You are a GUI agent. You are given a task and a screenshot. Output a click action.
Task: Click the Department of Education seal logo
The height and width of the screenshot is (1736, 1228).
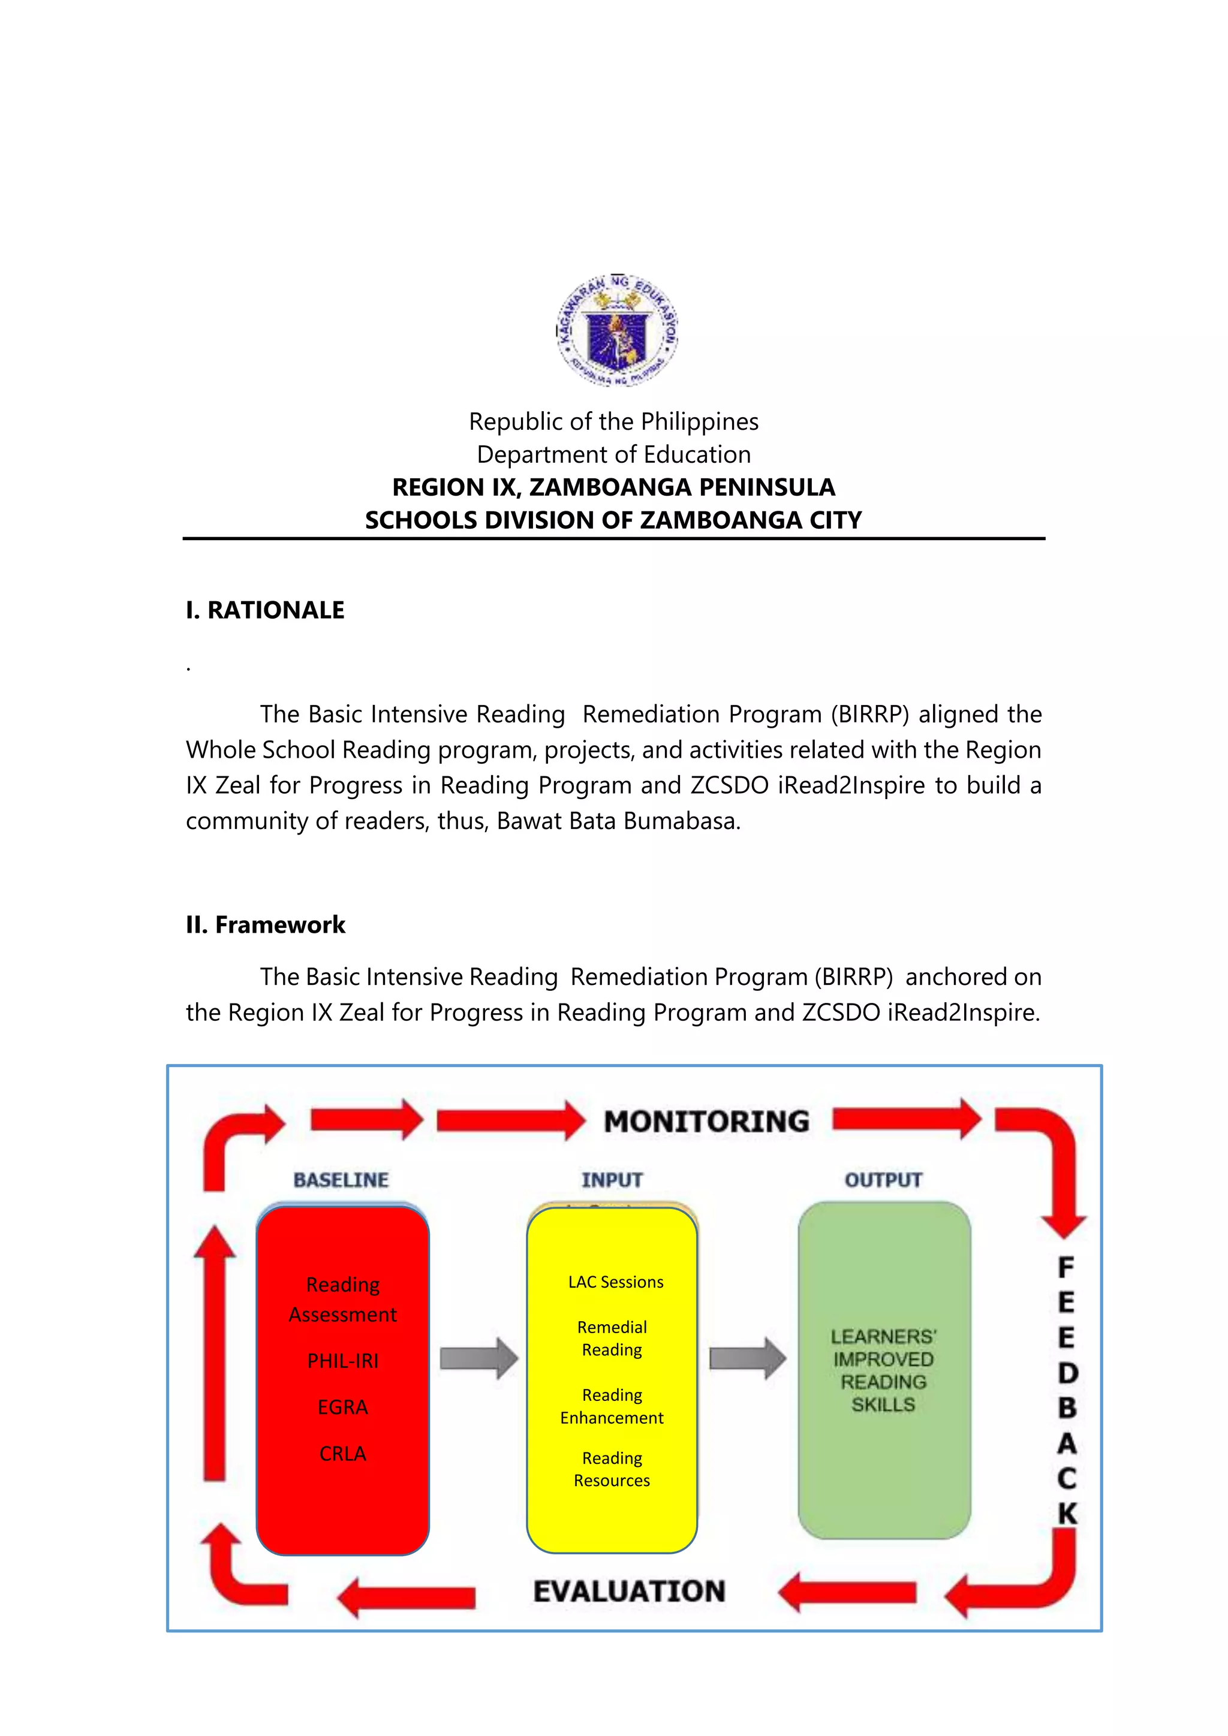click(x=616, y=330)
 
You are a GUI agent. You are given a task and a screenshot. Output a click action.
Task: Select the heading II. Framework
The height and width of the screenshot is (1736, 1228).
click(x=266, y=925)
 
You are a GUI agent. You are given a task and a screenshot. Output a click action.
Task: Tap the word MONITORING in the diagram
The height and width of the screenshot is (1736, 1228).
click(x=706, y=1122)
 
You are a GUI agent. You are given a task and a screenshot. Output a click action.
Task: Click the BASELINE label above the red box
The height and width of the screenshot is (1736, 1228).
click(x=341, y=1180)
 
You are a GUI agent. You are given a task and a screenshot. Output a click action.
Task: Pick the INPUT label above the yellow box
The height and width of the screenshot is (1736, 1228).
click(x=612, y=1180)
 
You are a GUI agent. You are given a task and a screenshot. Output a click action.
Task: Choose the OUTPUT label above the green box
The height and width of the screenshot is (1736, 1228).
click(x=883, y=1180)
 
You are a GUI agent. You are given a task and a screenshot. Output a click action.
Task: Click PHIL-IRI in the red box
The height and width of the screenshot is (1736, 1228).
click(x=342, y=1361)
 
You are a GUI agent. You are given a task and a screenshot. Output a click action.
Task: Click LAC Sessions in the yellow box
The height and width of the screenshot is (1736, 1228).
click(x=616, y=1282)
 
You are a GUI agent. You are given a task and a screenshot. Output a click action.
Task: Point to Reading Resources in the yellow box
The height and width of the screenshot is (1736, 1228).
click(x=612, y=1469)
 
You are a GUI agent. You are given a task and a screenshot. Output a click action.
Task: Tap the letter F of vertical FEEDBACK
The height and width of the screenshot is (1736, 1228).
click(x=1066, y=1267)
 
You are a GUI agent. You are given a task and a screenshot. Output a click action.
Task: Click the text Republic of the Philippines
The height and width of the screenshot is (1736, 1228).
click(x=613, y=421)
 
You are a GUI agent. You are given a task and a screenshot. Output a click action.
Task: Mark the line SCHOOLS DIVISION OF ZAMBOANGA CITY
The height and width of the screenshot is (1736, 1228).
click(x=613, y=520)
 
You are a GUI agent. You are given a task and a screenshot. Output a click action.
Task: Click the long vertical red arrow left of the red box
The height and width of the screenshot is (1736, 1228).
click(x=215, y=1354)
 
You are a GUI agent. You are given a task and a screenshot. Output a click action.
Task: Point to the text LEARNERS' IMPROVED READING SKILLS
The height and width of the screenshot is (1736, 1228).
click(x=883, y=1370)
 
